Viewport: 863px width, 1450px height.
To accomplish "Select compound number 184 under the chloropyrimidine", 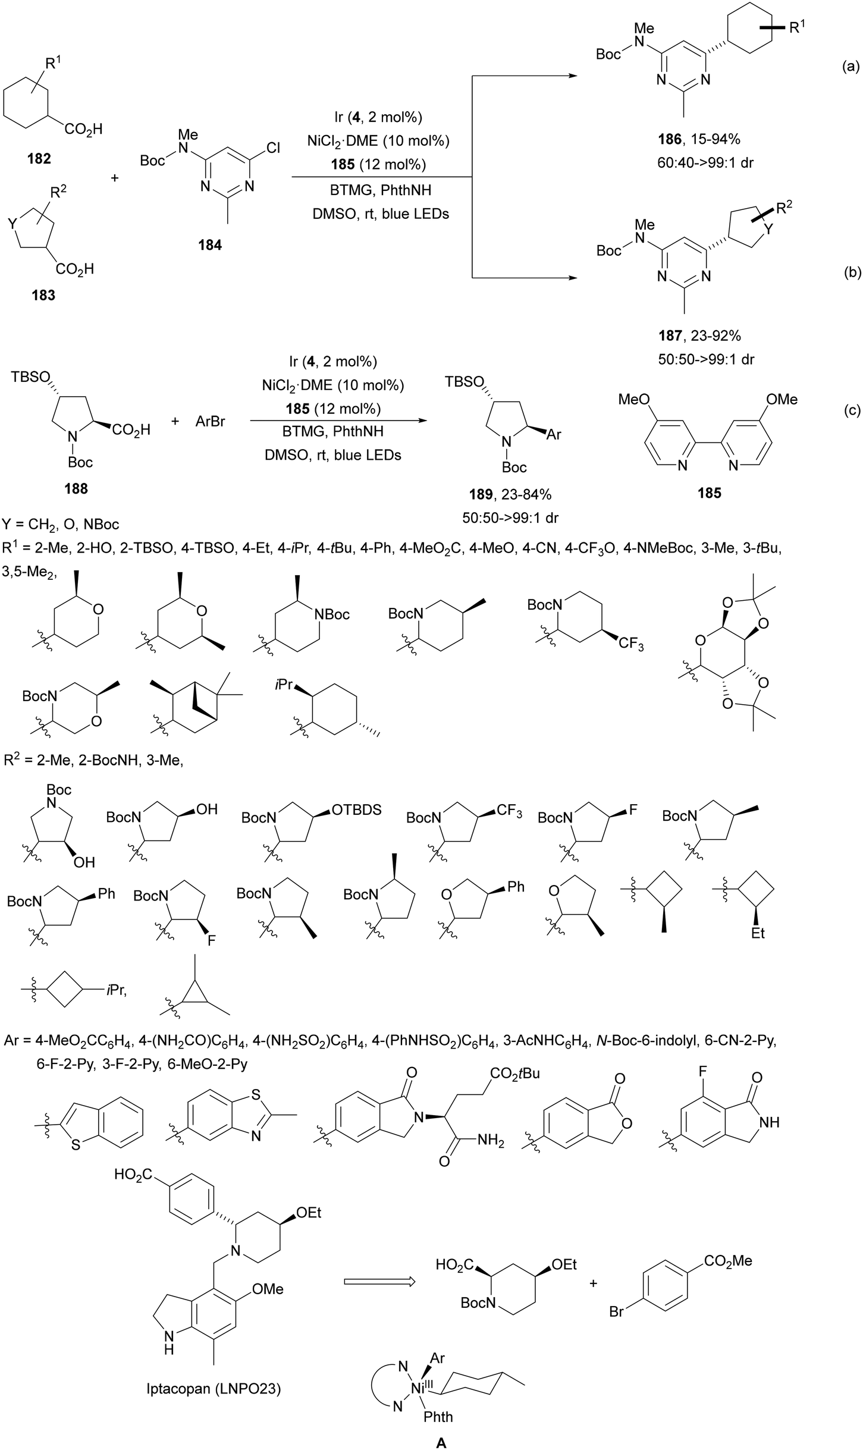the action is [x=210, y=244].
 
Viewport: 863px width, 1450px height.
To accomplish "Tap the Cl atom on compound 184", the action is [x=273, y=147].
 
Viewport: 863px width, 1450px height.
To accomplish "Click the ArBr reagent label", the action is [x=210, y=422].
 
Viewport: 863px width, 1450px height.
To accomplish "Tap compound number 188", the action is [x=76, y=488].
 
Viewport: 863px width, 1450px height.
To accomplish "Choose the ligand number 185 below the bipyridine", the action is [x=710, y=493].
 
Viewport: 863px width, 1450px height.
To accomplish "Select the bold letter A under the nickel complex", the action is [x=441, y=1438].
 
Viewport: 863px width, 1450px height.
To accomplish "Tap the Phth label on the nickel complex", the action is [x=438, y=1417].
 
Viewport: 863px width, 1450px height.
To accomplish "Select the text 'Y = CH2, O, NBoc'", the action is [x=62, y=525].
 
